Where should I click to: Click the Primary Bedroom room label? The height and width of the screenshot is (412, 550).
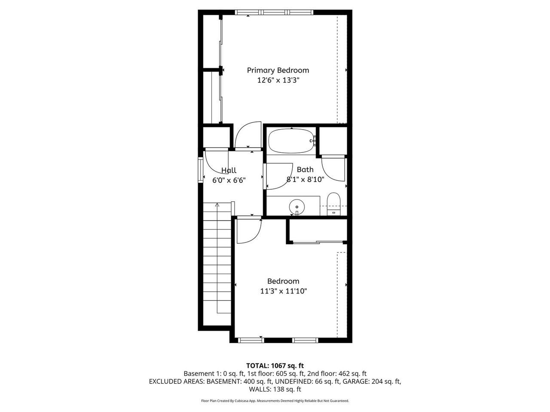278,70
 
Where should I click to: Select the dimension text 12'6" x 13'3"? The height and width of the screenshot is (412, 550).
278,80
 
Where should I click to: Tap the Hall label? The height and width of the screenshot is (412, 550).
229,170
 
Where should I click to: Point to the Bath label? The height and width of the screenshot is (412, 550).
305,170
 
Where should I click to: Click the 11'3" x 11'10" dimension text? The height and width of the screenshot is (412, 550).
284,291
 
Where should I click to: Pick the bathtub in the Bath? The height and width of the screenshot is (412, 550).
292,141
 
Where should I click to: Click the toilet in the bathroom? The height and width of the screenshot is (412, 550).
333,204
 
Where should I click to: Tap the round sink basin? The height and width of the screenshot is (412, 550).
297,207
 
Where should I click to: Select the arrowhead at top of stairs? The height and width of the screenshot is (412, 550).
217,205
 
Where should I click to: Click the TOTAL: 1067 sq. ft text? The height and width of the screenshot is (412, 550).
275,366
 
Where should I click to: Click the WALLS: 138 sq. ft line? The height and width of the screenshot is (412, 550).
275,389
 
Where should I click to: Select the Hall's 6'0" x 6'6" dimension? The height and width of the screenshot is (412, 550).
229,180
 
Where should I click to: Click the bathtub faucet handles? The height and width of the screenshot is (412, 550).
314,141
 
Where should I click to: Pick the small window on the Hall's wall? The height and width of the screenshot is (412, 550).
201,170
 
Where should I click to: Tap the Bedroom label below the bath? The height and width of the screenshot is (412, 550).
283,281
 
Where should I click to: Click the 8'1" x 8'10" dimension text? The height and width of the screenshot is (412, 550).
306,180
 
